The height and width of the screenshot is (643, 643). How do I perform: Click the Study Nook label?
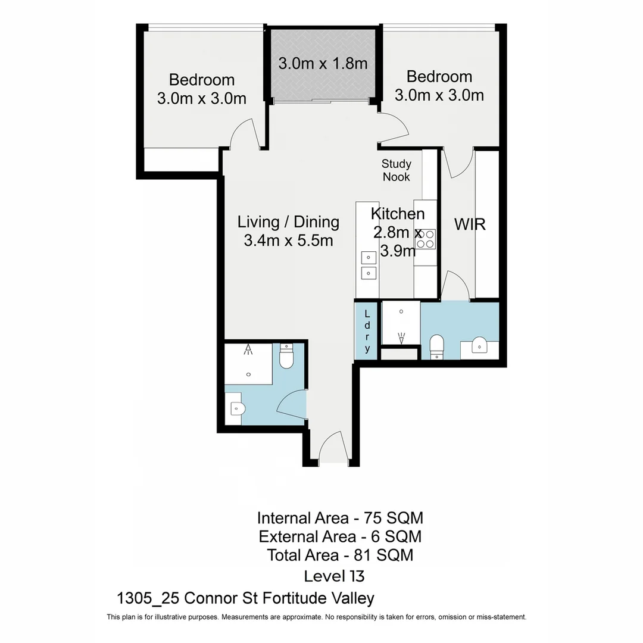(x=397, y=170)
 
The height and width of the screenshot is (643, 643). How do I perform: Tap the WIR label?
(x=470, y=224)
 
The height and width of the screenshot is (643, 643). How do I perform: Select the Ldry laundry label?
(x=367, y=331)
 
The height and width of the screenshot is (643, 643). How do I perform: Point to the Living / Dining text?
(x=288, y=222)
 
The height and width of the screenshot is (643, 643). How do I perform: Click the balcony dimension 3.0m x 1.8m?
(x=323, y=64)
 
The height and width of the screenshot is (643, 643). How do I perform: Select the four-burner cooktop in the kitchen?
(x=426, y=239)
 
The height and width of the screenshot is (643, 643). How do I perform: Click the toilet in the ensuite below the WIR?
(x=436, y=347)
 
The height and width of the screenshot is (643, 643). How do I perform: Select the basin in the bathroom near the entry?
(x=236, y=408)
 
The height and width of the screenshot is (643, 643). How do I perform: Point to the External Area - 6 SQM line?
(x=340, y=536)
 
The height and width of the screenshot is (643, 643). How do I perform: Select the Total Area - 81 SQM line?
(x=340, y=555)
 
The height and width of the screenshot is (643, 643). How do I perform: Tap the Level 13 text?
(x=333, y=576)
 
